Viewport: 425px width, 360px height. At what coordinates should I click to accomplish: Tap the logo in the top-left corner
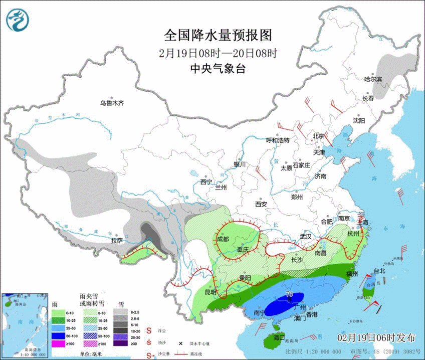tap(18, 19)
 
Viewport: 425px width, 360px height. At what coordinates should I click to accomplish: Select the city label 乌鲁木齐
tap(111, 103)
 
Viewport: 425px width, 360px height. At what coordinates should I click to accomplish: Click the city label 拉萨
tap(117, 241)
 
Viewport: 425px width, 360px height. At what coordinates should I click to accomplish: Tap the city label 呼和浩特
tap(277, 140)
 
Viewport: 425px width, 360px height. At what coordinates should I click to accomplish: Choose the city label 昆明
tap(210, 292)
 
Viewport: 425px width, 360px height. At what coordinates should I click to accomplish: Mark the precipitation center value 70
tap(289, 294)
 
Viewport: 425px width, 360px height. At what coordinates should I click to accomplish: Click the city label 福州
tap(352, 274)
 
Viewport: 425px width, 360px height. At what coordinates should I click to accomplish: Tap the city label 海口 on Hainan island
tap(279, 337)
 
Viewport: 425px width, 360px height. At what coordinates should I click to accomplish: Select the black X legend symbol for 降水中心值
tap(179, 343)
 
